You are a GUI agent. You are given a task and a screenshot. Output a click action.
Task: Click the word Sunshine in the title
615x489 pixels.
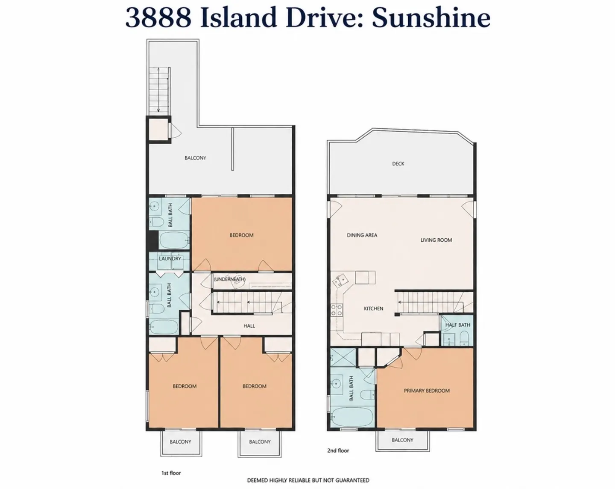click(x=431, y=18)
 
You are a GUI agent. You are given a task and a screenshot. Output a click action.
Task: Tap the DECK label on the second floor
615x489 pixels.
click(x=398, y=164)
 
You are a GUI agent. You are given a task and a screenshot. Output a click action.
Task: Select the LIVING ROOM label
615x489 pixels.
click(x=436, y=240)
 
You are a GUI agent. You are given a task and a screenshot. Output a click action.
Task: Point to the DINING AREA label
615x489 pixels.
click(x=362, y=235)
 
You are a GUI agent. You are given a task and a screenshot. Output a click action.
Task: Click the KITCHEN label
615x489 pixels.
click(x=374, y=308)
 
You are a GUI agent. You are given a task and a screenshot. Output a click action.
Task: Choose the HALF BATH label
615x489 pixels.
click(x=457, y=325)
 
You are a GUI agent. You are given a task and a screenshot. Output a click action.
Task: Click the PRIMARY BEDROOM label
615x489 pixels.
click(x=427, y=391)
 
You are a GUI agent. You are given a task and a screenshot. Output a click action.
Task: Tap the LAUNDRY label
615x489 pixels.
click(x=170, y=258)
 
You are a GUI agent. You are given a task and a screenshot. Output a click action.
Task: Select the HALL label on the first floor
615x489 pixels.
click(x=249, y=326)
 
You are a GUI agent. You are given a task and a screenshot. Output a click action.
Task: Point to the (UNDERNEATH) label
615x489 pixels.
click(x=230, y=279)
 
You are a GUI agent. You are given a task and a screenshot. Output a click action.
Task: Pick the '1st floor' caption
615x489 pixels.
click(x=171, y=473)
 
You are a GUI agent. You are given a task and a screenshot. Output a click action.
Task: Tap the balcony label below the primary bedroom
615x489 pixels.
click(x=402, y=440)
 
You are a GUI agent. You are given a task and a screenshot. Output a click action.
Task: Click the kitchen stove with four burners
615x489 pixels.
click(x=337, y=310)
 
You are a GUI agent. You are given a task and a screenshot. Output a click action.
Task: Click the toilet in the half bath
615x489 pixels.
click(x=464, y=338)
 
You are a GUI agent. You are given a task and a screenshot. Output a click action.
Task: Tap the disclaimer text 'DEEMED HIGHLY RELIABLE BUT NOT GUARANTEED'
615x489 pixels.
click(x=308, y=480)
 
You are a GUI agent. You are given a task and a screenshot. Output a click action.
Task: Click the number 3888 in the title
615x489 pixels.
click(x=158, y=18)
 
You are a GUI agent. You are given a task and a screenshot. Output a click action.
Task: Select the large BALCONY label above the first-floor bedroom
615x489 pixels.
click(x=195, y=158)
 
